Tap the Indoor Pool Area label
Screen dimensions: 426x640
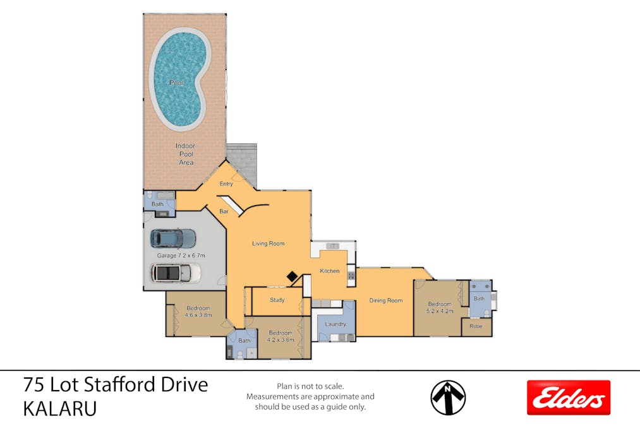click(x=185, y=154)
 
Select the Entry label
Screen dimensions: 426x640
click(x=226, y=184)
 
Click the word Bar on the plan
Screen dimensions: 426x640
click(x=224, y=211)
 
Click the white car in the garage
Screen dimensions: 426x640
click(x=175, y=273)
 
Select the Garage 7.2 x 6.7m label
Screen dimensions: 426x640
click(x=181, y=255)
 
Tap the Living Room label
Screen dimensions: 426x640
click(x=269, y=243)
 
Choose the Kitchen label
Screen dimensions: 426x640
click(x=329, y=271)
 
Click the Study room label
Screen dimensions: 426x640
click(x=277, y=300)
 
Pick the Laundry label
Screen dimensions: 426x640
click(x=335, y=324)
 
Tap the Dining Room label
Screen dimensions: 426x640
click(x=385, y=300)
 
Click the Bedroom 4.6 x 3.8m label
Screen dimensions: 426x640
click(x=198, y=311)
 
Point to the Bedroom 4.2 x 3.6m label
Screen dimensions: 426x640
click(x=280, y=336)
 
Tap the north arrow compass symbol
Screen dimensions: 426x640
click(x=448, y=398)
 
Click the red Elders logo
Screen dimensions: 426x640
click(x=569, y=398)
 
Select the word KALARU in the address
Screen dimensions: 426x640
click(x=60, y=408)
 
